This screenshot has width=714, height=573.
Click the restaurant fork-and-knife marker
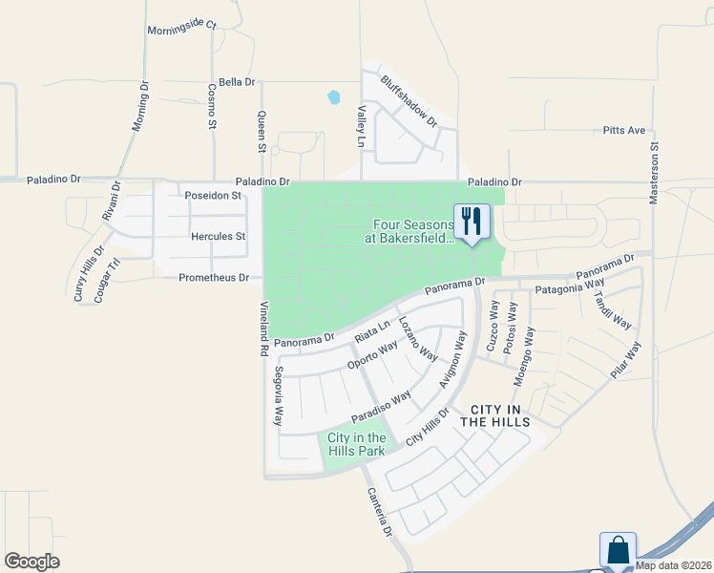click(x=471, y=221)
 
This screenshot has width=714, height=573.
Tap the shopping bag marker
click(x=617, y=550)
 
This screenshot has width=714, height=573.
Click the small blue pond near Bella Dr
click(x=334, y=97)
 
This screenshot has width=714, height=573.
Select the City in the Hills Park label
click(x=357, y=444)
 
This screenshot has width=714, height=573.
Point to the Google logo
click(x=31, y=562)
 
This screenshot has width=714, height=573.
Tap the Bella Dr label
click(x=237, y=83)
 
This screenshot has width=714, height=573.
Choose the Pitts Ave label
click(x=624, y=130)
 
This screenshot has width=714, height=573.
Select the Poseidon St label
click(x=215, y=196)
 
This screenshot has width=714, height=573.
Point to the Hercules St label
click(x=219, y=236)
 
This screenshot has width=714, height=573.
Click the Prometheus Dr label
click(x=214, y=278)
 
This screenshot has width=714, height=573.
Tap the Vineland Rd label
click(x=263, y=329)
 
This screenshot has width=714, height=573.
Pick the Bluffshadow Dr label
click(x=409, y=102)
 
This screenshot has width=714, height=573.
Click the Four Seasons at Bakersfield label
click(x=408, y=232)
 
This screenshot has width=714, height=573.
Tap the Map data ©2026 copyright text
click(x=674, y=565)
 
